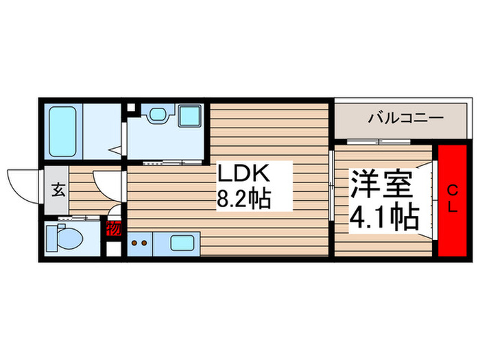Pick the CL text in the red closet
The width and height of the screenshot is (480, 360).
tap(453, 200)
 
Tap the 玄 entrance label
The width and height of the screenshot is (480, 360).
tap(58, 190)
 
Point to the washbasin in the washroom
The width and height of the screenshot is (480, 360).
tap(158, 115)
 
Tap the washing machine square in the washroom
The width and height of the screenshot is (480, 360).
tap(189, 115)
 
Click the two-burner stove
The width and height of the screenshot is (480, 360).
tap(139, 242)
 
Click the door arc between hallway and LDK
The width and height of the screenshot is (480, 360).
tap(106, 184)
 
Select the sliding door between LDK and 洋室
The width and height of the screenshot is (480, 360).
tap(332, 185)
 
